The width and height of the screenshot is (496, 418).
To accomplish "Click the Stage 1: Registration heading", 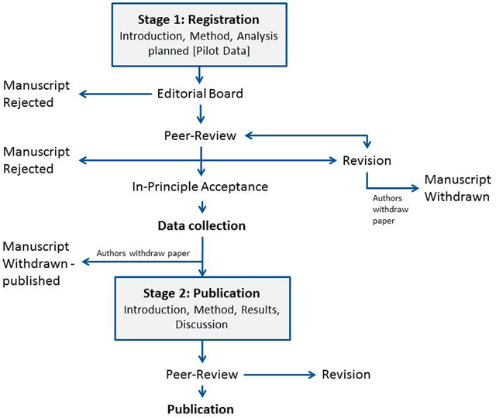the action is [x=198, y=19].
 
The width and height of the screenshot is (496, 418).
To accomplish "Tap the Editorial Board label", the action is [x=200, y=94].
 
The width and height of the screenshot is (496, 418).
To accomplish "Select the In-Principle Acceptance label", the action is [x=200, y=187].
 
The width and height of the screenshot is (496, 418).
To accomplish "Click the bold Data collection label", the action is [x=201, y=225].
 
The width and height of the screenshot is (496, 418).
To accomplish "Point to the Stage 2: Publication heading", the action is [x=201, y=293].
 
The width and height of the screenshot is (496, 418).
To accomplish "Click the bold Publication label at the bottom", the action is [x=201, y=409].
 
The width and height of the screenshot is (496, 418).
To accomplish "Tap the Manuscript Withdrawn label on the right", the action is [x=457, y=188].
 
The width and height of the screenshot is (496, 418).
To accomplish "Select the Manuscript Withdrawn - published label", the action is [x=38, y=263].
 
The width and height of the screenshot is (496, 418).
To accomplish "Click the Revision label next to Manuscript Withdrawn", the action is [x=367, y=160].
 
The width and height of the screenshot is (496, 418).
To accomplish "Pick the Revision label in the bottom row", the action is [x=346, y=375].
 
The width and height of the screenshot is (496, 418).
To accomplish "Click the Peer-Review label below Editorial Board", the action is [x=200, y=135].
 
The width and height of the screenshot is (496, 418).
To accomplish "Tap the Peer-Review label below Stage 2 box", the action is [x=201, y=375].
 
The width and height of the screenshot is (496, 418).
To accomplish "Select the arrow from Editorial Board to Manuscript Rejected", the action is [x=115, y=94].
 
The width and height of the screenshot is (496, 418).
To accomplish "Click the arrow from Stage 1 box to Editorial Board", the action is [x=199, y=75].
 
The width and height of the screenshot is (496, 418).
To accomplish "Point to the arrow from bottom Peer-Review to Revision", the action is [x=280, y=375].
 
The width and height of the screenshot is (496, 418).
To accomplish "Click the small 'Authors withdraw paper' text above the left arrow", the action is [x=143, y=253].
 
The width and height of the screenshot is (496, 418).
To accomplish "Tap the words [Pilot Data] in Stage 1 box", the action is [x=222, y=50].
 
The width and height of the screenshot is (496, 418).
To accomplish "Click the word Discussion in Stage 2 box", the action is [x=201, y=324].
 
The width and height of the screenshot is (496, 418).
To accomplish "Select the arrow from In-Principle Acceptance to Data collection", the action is [x=202, y=207].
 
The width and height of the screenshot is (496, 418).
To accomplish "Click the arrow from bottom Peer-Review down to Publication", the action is [x=202, y=391].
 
